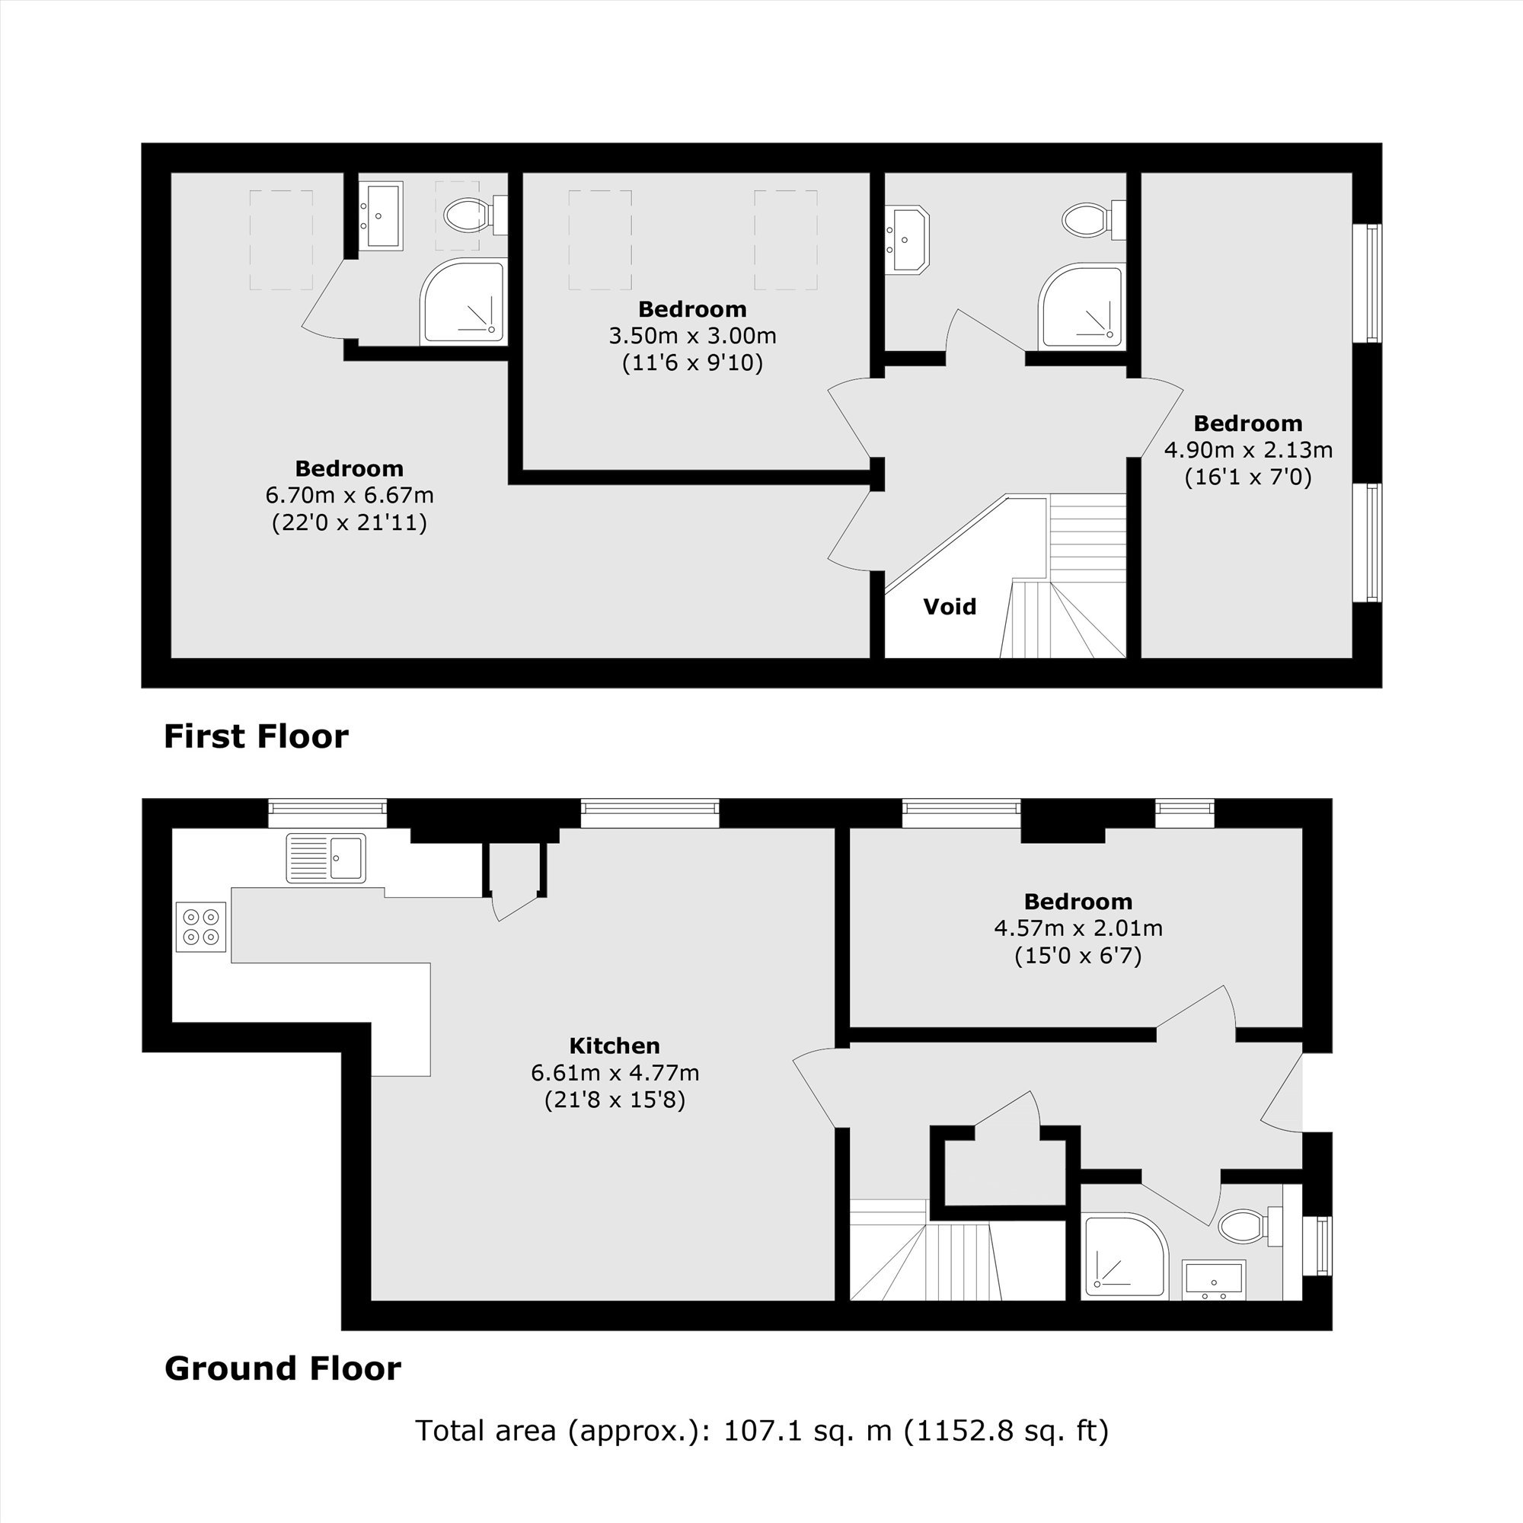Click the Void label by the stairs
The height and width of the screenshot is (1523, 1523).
(949, 606)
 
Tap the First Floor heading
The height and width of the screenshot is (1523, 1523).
(255, 736)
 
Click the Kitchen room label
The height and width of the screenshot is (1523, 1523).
(614, 1046)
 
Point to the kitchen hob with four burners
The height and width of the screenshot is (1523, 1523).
(201, 927)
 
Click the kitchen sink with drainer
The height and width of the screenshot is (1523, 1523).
(326, 857)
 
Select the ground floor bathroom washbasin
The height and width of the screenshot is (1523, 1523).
(1214, 1279)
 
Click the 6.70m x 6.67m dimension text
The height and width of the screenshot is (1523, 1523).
(350, 496)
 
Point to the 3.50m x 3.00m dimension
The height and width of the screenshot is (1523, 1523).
(692, 336)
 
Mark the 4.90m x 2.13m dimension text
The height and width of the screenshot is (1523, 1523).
(1248, 450)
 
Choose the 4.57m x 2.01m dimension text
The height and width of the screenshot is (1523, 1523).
(1078, 928)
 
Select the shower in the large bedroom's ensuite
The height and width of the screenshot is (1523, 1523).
(462, 301)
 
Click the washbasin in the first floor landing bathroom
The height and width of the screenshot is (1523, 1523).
(908, 240)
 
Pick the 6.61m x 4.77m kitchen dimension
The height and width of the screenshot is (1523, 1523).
(615, 1073)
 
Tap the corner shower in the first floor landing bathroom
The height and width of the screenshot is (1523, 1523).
(1080, 306)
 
